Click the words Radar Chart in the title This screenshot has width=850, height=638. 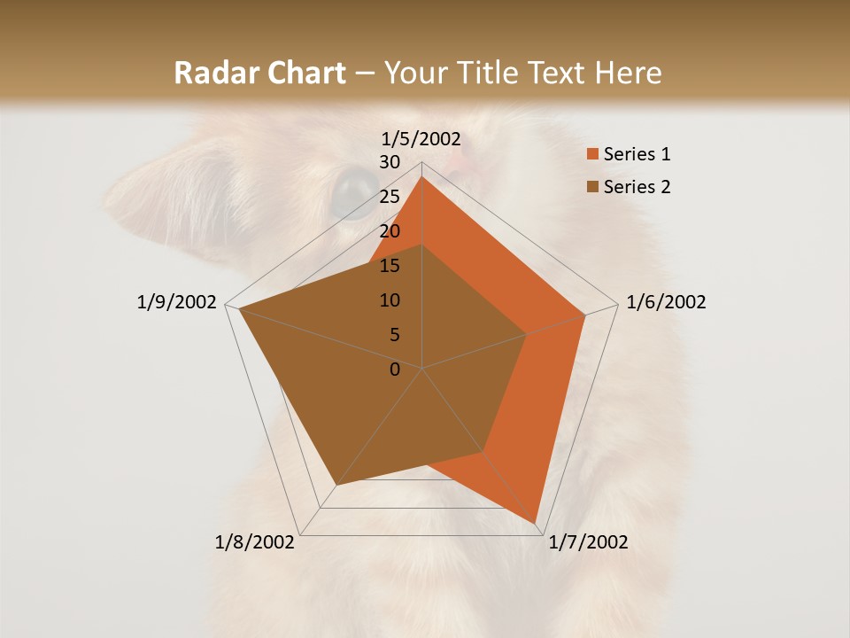click(259, 73)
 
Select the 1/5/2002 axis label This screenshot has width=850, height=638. click(421, 139)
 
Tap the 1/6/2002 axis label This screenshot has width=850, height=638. click(666, 302)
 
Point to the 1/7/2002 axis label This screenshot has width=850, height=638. click(588, 542)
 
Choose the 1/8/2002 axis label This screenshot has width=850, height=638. click(255, 542)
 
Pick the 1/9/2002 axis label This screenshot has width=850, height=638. click(177, 302)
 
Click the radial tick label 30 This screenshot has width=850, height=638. click(389, 162)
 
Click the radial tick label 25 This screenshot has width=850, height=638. click(389, 197)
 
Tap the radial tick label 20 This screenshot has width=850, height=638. click(389, 231)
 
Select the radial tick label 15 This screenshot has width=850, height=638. click(389, 266)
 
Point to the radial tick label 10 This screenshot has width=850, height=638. click(389, 300)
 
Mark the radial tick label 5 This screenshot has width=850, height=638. click(394, 335)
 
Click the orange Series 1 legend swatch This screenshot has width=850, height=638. click(592, 154)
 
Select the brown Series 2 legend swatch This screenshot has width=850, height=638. click(592, 187)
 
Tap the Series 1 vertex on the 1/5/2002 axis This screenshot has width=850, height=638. click(422, 176)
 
